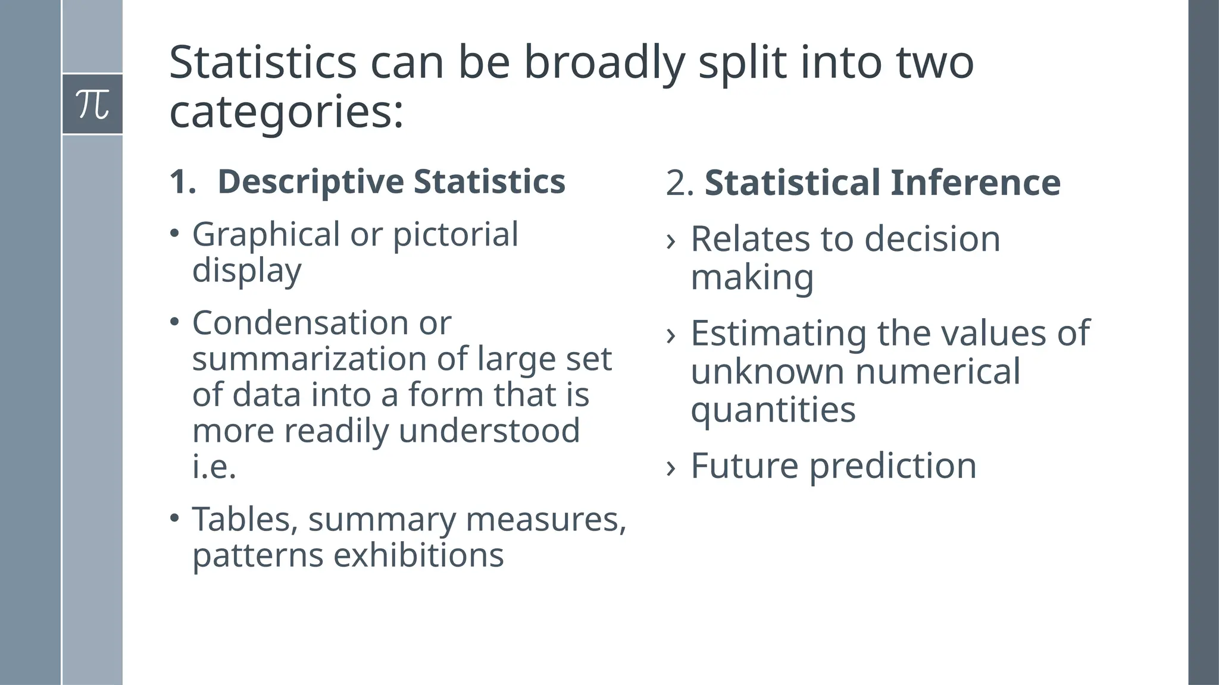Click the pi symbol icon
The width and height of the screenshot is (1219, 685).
coord(93,105)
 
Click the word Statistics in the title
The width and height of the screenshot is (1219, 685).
coord(262,62)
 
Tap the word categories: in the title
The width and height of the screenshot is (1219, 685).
coord(286,112)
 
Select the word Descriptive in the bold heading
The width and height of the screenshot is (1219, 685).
coord(310,181)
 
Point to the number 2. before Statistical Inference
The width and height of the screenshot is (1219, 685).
coord(679,183)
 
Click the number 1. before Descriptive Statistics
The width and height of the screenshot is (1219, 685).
coord(182,181)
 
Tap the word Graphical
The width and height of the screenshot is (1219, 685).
coord(266,234)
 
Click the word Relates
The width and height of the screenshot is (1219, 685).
coord(750,239)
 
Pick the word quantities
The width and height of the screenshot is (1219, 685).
coord(773,410)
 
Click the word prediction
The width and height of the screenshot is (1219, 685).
coord(892,466)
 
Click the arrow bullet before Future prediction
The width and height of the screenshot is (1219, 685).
coord(671,467)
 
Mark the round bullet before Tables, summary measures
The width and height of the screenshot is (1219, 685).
coord(174,518)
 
